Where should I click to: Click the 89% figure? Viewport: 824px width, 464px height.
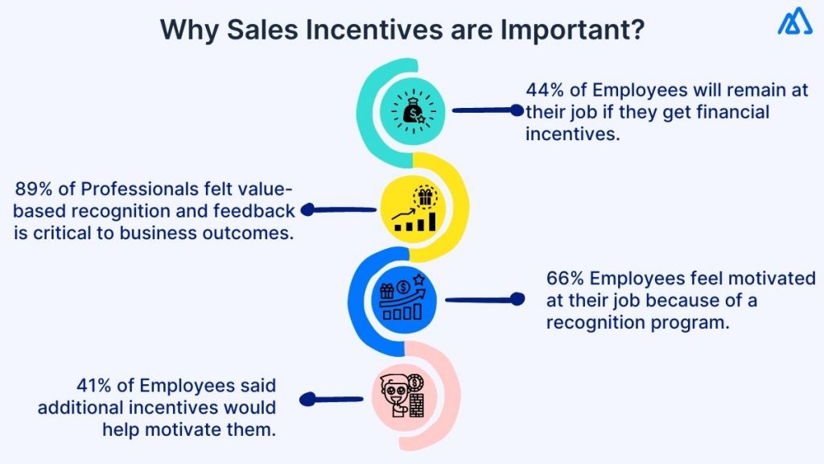point(35,189)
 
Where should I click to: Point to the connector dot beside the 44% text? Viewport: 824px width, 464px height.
point(517,110)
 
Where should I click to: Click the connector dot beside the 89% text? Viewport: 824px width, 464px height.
point(307,210)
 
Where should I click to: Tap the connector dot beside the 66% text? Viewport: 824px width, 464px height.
point(517,300)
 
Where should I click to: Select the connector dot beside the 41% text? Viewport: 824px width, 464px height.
point(305,399)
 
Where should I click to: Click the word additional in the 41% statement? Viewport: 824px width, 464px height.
point(80,408)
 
